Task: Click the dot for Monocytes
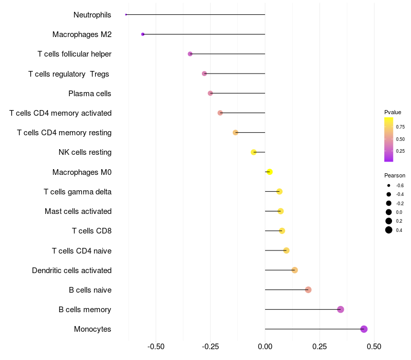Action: coord(364,329)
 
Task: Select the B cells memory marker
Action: coord(341,309)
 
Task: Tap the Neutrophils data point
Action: coord(126,14)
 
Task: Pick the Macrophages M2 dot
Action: coord(143,34)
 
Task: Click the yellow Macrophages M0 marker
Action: coord(269,172)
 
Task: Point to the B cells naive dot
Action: coord(308,290)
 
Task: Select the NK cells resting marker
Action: coord(253,152)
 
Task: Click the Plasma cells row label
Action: coord(90,94)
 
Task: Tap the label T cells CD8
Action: coord(91,231)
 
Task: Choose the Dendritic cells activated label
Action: coord(71,270)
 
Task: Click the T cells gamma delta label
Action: coord(78,192)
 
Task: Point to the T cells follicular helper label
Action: coord(74,54)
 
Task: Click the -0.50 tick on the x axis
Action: coord(156,347)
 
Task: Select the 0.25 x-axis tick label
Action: coord(320,347)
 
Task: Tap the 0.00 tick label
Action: coord(265,347)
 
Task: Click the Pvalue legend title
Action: coord(393,112)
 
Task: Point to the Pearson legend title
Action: coord(395,175)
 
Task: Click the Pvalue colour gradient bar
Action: coord(389,139)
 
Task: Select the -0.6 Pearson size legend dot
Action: coord(389,185)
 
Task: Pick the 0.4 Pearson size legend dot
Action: coord(389,230)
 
